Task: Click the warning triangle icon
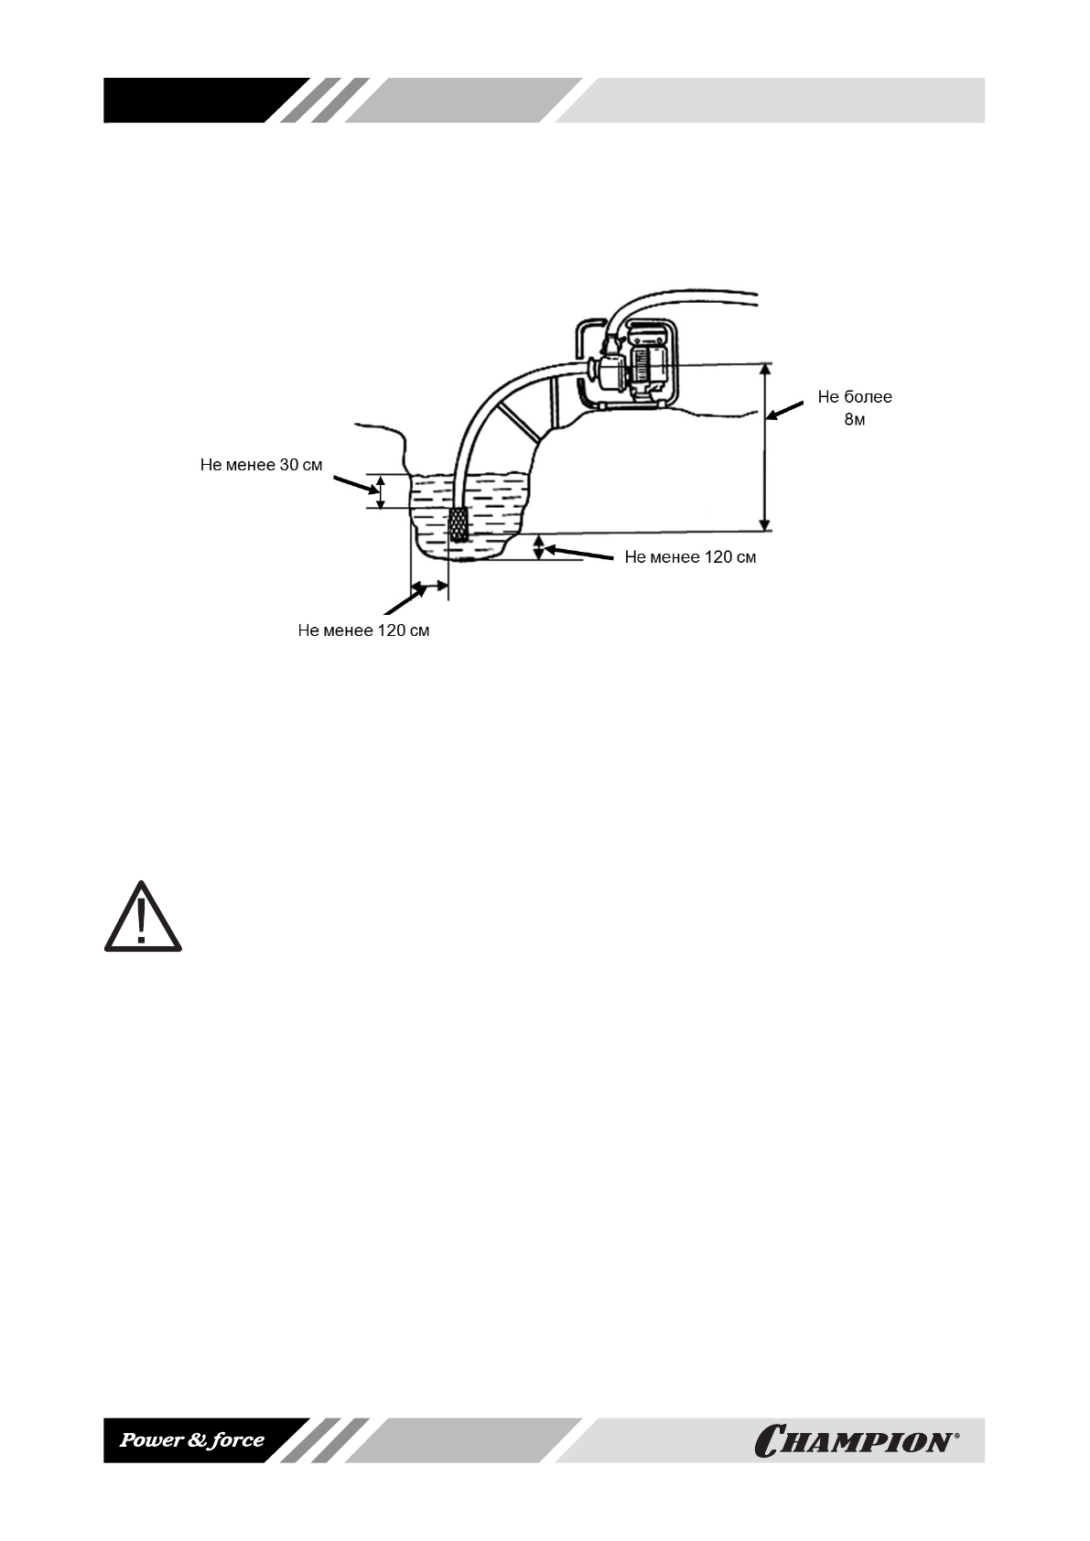pos(142,917)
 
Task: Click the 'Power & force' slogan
pos(192,1440)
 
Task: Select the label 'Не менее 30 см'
pos(261,465)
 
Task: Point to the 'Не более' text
pos(854,397)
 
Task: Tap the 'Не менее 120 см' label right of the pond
pos(690,556)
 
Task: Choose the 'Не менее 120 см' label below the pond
pos(363,630)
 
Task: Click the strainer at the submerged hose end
pos(458,523)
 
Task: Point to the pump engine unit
pos(631,366)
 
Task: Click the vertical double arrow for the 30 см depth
pos(382,491)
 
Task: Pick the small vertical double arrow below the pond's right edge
pos(539,547)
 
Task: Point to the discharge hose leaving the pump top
pos(686,298)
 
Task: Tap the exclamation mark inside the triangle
pos(141,921)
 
